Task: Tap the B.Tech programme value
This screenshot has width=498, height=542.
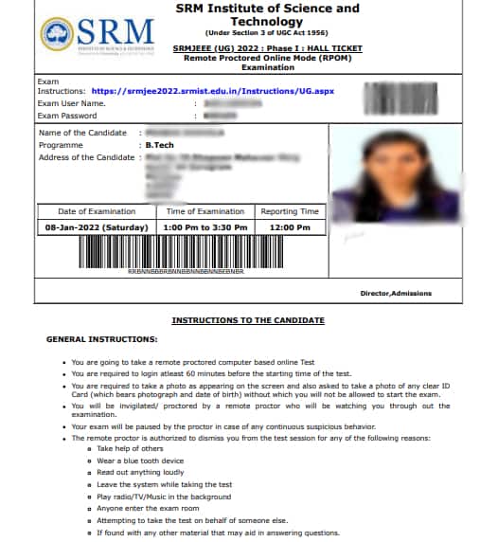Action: [159, 145]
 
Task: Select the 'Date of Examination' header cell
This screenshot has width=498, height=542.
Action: [97, 211]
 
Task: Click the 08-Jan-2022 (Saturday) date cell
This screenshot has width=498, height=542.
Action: [97, 228]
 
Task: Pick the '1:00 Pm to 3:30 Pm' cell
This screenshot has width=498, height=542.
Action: [205, 228]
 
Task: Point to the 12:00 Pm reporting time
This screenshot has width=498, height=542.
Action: [290, 228]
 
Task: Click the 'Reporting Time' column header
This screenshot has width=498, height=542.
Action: [290, 211]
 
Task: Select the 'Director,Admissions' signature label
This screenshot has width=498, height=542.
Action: [396, 294]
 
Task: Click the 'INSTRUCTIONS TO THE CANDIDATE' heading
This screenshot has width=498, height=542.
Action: [248, 320]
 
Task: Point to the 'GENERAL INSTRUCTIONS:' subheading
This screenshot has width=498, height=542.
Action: [102, 339]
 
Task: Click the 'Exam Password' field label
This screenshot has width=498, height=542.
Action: [71, 115]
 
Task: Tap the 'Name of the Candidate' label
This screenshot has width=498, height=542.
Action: [82, 133]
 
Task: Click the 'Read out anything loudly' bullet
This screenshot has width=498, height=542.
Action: [140, 471]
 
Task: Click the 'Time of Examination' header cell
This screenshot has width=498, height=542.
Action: [205, 211]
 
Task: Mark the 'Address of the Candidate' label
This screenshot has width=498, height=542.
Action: [87, 157]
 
